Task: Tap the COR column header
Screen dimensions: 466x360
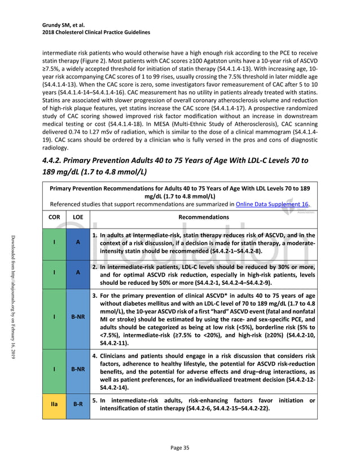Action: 54,217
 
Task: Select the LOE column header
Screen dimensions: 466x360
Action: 77,217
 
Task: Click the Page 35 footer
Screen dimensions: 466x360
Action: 179,447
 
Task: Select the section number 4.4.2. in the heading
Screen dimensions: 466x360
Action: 55,161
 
